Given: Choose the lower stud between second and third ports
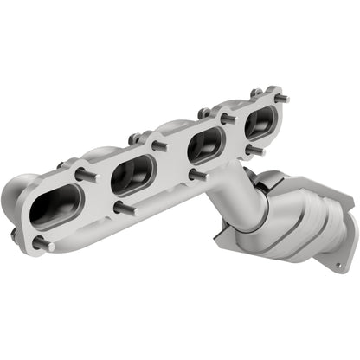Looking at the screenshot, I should click(x=196, y=176).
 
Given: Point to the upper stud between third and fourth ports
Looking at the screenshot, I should click(x=227, y=118).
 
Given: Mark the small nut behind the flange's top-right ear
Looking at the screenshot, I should click(x=257, y=92).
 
